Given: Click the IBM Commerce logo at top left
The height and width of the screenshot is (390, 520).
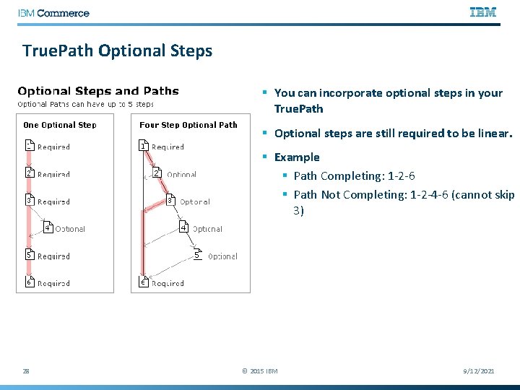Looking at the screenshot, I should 53,13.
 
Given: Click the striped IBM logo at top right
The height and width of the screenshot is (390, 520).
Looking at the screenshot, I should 483,12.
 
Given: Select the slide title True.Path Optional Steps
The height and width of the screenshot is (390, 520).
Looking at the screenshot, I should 117,51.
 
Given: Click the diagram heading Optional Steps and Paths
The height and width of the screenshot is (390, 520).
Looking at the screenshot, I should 97,91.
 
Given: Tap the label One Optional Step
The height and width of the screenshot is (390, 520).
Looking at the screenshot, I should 60,125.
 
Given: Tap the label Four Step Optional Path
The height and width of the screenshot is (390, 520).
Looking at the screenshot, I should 188,125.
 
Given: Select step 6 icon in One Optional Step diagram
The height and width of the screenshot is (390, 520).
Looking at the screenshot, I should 30,282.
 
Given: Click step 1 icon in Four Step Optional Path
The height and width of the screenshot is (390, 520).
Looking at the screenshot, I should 144,146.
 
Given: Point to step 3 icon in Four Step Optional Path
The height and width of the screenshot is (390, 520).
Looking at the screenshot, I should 170,201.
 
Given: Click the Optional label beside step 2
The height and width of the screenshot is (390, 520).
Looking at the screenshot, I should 181,175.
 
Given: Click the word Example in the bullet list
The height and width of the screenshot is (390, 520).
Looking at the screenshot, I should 297,157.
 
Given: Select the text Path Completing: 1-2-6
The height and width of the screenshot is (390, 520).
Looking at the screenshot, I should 354,175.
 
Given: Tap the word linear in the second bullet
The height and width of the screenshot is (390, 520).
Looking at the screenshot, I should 495,134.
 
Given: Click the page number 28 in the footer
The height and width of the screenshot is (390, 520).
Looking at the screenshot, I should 26,370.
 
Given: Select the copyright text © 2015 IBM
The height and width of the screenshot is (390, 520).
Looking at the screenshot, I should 259,371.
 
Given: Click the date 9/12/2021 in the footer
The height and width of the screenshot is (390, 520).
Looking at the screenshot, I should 478,370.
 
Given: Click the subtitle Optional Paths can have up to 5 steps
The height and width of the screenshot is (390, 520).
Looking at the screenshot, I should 86,104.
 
